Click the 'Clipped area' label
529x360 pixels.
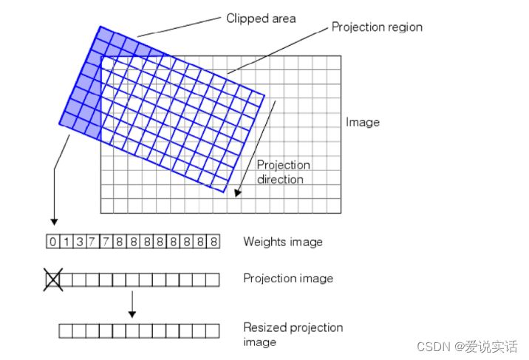tap(261, 18)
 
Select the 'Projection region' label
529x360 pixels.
tap(377, 27)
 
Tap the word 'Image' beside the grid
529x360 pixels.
tap(362, 122)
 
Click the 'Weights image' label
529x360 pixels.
tap(283, 242)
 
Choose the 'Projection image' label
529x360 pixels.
tap(288, 279)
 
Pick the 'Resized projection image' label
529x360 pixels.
tap(293, 334)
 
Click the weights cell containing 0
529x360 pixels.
tap(52, 242)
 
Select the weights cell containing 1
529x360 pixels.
tap(65, 242)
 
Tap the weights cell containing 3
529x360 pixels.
tap(78, 242)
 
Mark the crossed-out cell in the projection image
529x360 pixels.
tap(52, 279)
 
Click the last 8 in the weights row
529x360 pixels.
tap(213, 242)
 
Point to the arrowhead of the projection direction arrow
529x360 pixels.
tap(238, 194)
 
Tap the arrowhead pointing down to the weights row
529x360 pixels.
tap(53, 220)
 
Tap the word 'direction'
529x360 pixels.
tap(280, 179)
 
